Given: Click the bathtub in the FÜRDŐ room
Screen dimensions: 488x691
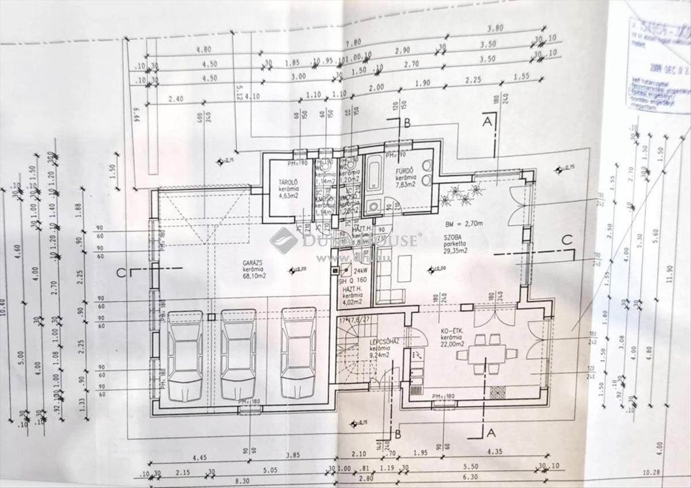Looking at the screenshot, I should [374, 173].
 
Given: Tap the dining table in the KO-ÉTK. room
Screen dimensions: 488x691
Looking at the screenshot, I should [487, 353].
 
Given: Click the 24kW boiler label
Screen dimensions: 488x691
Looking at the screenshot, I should [361, 270].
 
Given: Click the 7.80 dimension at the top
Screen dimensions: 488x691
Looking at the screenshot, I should [353, 43].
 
